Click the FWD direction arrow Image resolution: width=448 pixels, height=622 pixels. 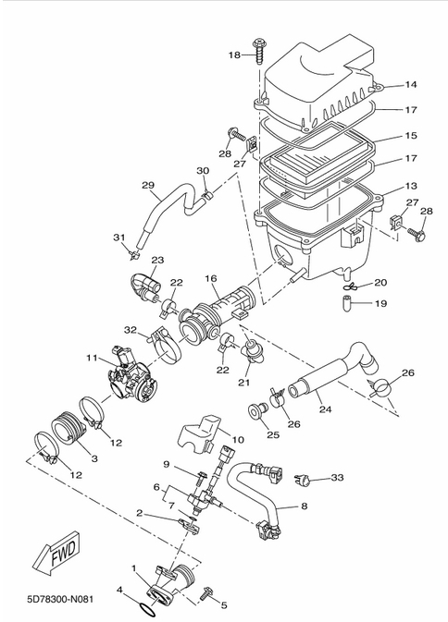(x=56, y=552)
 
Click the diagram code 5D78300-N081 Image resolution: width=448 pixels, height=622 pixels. (x=61, y=599)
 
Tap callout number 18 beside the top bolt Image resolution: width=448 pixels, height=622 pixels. (x=234, y=55)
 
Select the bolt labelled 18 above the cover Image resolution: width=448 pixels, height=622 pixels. (x=259, y=51)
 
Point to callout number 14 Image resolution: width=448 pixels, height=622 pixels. (x=411, y=84)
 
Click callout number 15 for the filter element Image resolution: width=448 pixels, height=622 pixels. (x=411, y=135)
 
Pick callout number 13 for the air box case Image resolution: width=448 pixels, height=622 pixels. (x=411, y=186)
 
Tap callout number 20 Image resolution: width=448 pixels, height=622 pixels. (x=380, y=283)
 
